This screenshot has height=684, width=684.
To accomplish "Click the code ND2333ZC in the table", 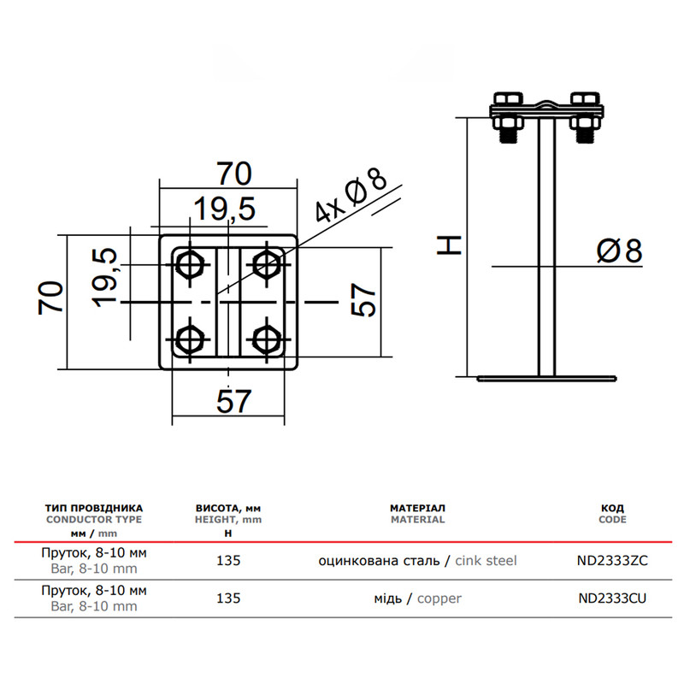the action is [612, 561].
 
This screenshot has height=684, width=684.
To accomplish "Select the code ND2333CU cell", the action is [612, 598].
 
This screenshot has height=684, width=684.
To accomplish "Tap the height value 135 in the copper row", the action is [228, 598].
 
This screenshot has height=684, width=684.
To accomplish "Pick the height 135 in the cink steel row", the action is [228, 561].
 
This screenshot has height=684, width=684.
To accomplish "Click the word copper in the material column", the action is [439, 599].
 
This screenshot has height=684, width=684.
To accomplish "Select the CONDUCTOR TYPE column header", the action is [94, 520].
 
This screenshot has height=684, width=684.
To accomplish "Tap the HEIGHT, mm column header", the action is [228, 520].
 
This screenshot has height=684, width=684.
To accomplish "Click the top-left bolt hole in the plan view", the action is [190, 265].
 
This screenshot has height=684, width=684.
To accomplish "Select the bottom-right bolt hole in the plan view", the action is [266, 339].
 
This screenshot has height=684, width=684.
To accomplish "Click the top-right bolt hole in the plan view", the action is [266, 265].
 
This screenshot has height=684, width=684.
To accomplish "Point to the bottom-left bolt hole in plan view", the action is [190, 339].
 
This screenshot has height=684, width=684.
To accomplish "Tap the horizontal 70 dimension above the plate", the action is [234, 174].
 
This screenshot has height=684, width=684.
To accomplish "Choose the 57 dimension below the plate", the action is [233, 401].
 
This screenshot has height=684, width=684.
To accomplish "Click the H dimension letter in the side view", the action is [450, 245].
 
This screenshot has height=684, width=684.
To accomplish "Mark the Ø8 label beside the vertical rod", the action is [619, 251].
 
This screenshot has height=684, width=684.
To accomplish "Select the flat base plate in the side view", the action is [546, 379].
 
